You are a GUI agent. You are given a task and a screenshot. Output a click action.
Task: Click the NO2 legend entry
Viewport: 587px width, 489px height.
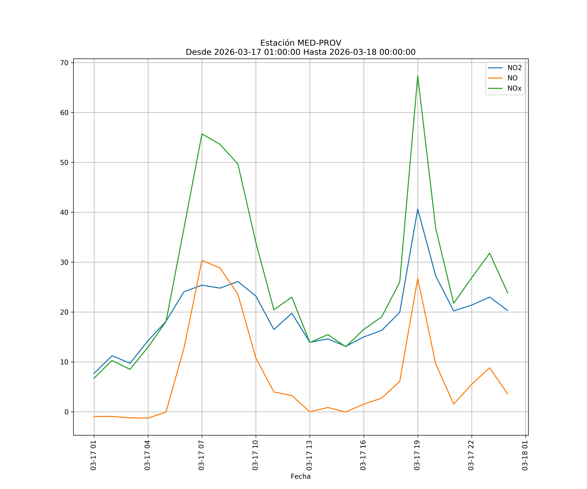(514, 68)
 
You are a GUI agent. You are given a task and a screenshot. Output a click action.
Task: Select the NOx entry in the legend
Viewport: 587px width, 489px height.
(514, 89)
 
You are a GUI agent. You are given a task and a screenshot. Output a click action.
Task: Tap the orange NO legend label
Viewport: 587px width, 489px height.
(512, 78)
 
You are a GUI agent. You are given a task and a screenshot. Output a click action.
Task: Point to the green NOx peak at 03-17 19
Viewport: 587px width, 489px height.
(418, 76)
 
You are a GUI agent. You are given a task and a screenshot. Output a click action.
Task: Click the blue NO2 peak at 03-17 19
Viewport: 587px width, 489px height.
(418, 209)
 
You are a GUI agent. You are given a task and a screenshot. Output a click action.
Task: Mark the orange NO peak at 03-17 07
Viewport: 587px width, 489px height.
(202, 260)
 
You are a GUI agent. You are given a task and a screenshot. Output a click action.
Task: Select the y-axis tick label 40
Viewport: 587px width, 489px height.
(64, 212)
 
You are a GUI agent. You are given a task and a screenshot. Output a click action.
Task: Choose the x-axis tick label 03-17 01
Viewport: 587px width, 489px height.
(93, 455)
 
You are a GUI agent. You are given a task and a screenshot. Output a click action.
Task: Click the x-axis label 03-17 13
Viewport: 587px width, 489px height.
(309, 455)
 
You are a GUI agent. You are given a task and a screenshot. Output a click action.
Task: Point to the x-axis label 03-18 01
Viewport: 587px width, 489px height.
(525, 455)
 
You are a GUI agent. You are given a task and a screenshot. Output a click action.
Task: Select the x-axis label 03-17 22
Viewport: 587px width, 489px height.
(471, 455)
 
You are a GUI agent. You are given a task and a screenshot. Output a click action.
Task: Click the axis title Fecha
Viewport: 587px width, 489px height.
(301, 476)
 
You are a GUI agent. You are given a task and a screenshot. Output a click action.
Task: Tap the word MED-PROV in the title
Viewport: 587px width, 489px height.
(319, 43)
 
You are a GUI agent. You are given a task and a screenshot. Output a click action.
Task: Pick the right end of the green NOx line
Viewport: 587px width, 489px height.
(508, 293)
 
